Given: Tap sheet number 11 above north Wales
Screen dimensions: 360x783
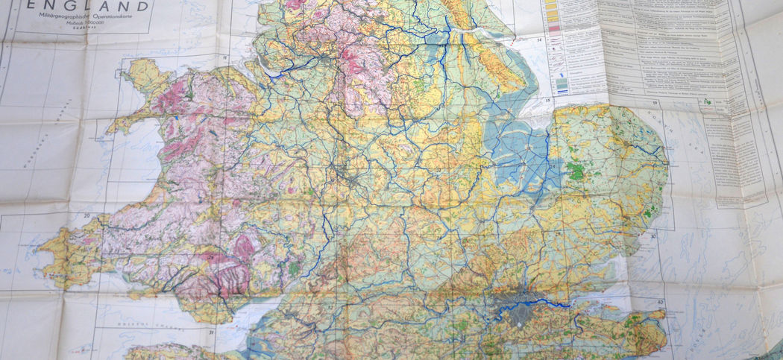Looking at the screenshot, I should (224, 57).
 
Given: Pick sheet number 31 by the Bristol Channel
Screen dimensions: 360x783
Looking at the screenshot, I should (212, 332).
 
